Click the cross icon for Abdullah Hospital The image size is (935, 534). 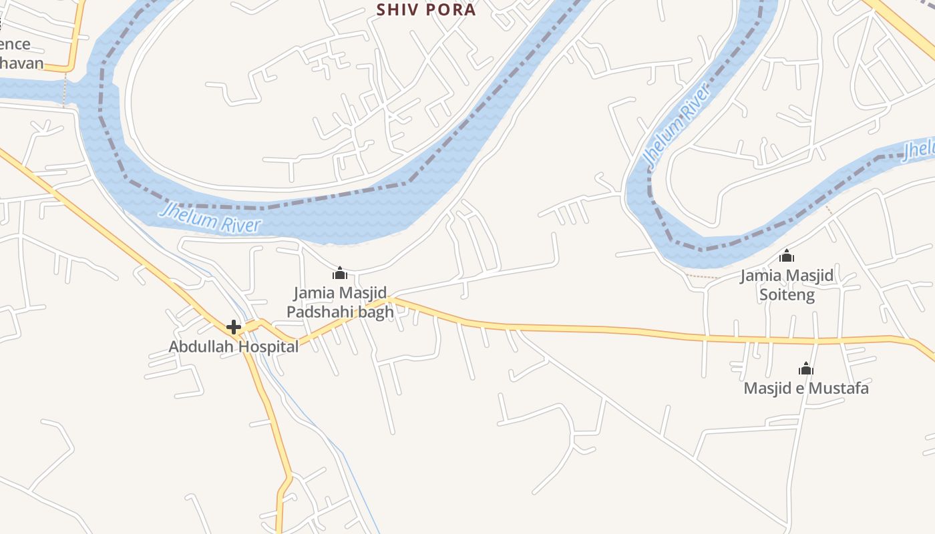tap(234, 327)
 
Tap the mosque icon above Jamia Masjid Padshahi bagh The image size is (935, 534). tap(340, 273)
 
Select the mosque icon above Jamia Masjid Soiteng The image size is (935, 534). tap(787, 256)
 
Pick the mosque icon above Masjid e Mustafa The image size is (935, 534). tap(806, 368)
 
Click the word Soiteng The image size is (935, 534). tap(787, 294)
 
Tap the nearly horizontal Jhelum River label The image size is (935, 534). tap(210, 218)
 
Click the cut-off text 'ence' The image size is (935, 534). tap(15, 44)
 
